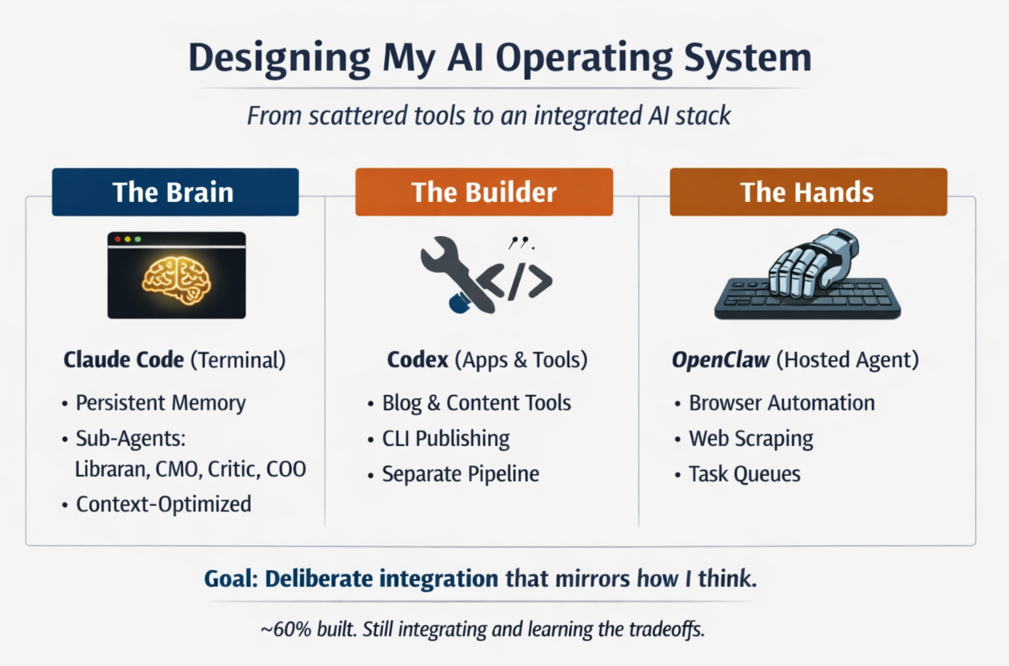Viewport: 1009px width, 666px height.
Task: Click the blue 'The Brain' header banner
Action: coord(175,192)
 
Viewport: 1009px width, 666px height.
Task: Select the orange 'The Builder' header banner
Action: coord(484,192)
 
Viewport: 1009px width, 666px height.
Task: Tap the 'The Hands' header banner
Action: coord(808,192)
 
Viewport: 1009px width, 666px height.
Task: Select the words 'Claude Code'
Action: coord(124,360)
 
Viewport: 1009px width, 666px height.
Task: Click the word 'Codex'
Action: coord(417,360)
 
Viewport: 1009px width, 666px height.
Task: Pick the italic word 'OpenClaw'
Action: coord(720,360)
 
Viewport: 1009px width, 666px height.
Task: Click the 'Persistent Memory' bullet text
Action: coord(161,403)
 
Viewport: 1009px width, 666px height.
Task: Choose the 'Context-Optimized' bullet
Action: coord(164,504)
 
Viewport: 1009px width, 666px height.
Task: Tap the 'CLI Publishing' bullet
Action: coord(446,438)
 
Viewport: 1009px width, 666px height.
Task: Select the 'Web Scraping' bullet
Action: coord(751,438)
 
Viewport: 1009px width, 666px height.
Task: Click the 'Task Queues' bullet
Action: coord(744,474)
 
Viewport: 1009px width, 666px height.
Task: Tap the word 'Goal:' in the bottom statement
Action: coord(231,579)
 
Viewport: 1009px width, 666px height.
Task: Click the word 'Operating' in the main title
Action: coord(584,58)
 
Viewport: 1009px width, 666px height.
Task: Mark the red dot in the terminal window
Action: coord(118,239)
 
